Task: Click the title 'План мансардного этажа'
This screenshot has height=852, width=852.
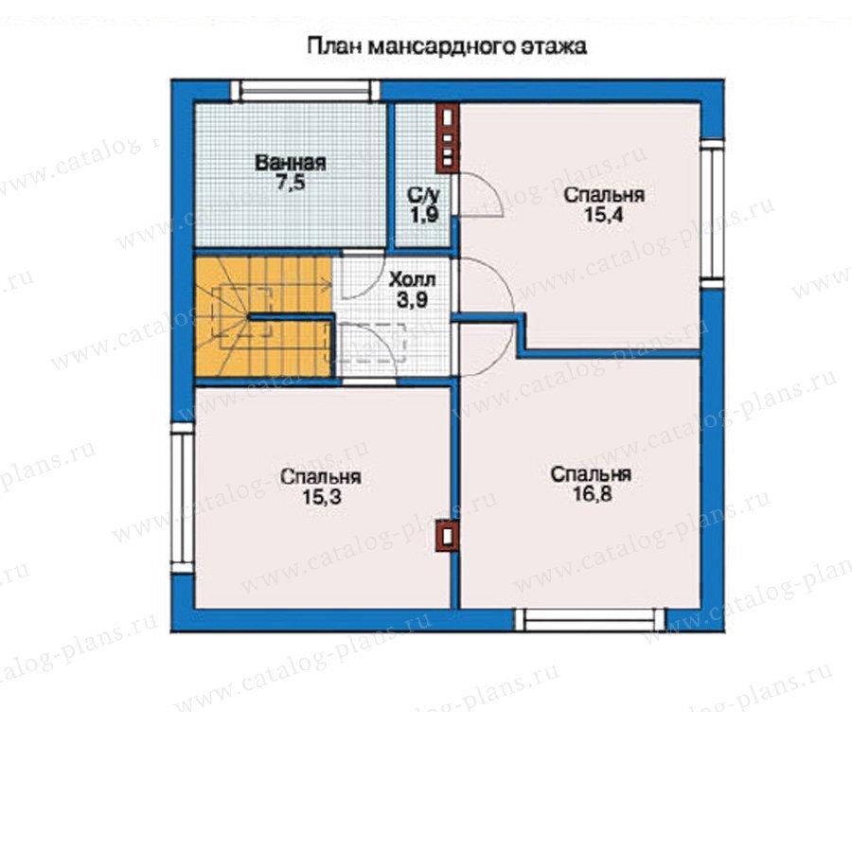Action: [x=447, y=46]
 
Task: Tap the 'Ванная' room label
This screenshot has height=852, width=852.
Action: [x=291, y=163]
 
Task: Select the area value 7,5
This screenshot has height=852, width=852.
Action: [x=291, y=183]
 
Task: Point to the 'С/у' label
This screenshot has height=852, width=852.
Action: [x=423, y=195]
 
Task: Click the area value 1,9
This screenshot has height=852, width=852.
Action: [x=424, y=215]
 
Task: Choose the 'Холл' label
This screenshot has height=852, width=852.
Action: [x=413, y=280]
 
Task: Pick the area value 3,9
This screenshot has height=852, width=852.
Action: [x=412, y=300]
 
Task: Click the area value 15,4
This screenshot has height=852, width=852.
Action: [x=603, y=215]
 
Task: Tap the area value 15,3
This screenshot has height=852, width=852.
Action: [x=322, y=497]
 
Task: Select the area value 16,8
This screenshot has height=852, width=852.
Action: [x=592, y=494]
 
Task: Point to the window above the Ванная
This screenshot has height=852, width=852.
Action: [x=305, y=91]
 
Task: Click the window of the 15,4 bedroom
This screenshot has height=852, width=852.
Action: [x=712, y=214]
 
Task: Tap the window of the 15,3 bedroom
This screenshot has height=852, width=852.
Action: [x=183, y=498]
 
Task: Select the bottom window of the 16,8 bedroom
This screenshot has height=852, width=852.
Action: [x=590, y=619]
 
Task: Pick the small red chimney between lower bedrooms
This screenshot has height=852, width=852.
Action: [x=448, y=536]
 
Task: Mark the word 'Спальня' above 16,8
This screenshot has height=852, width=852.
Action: [x=591, y=474]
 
